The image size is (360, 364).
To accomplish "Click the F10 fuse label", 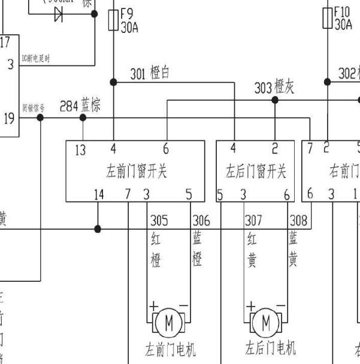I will (343, 18).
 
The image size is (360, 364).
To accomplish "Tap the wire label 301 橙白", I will (150, 74).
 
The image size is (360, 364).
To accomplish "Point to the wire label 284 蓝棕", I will (80, 106).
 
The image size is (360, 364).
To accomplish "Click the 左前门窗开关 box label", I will (136, 172).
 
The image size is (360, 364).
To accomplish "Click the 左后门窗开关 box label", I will (256, 172).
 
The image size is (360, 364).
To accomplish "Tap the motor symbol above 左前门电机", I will (168, 324).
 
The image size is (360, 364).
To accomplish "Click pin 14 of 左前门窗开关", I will (99, 194).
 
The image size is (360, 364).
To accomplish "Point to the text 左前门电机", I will (171, 349).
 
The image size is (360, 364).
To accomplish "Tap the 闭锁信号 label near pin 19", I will (34, 109).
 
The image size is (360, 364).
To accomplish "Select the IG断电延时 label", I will (35, 58).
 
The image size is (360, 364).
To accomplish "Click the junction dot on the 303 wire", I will (275, 100).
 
